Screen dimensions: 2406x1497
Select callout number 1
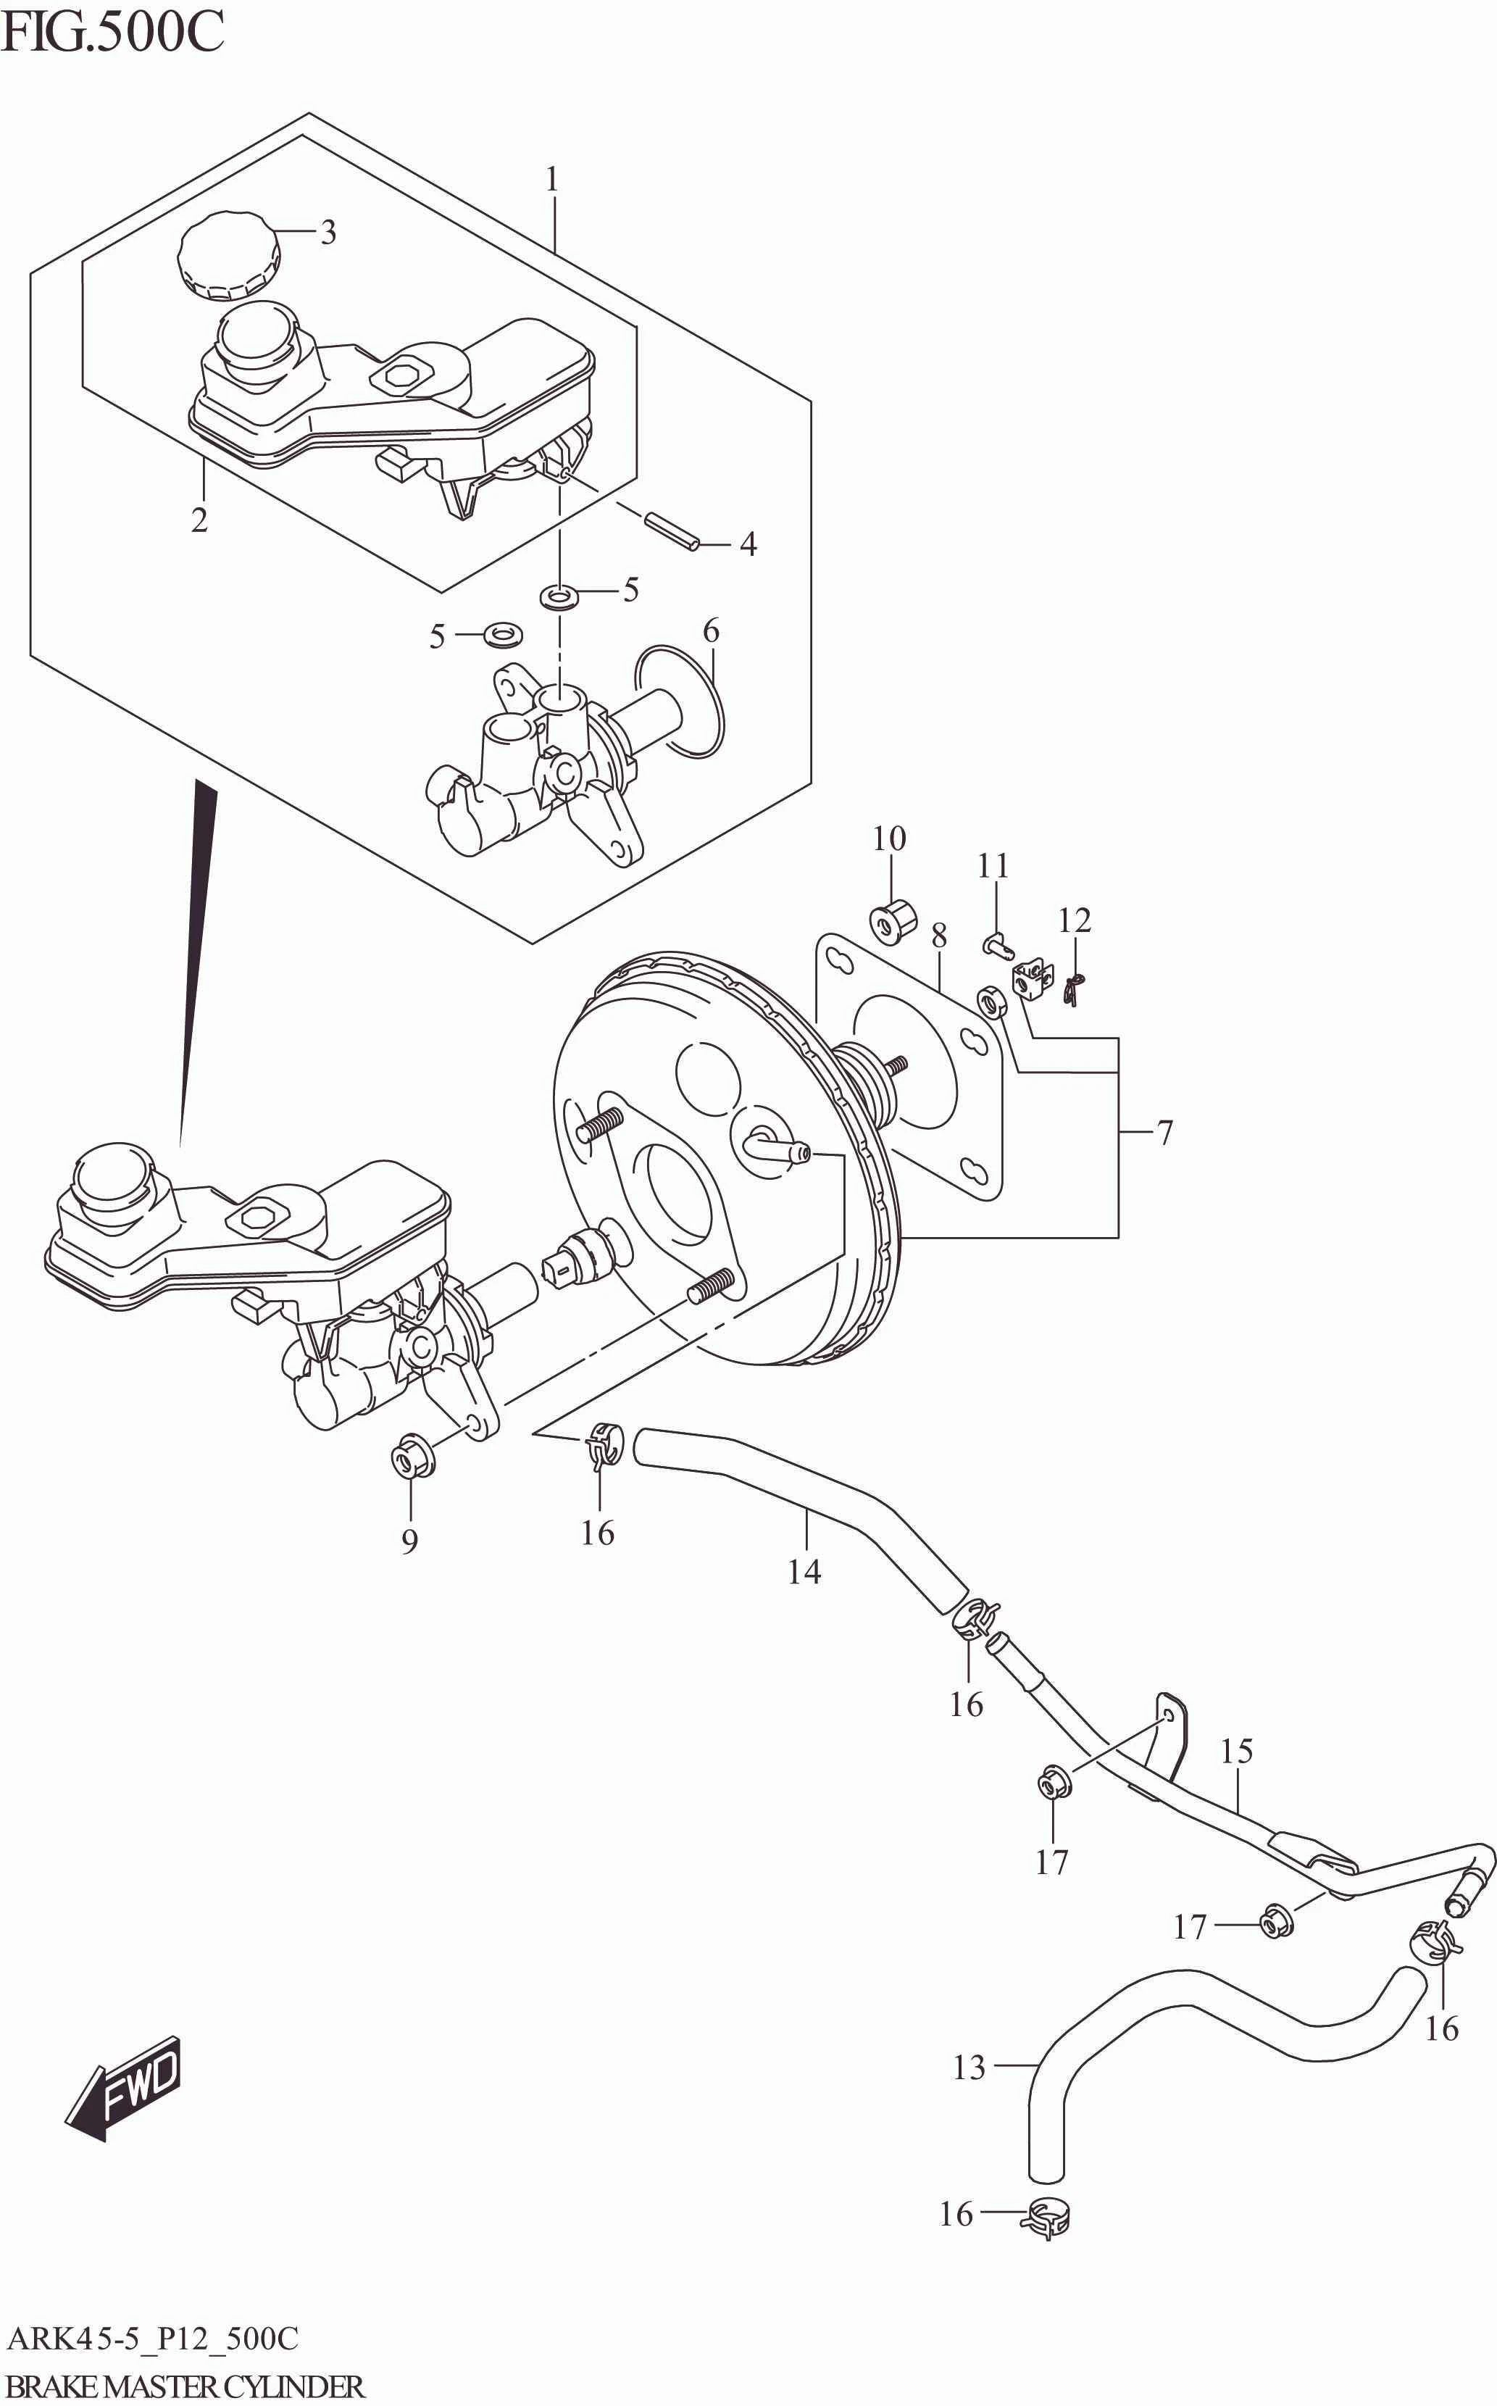(551, 179)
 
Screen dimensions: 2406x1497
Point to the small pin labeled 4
(672, 530)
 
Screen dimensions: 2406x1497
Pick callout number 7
(1164, 1132)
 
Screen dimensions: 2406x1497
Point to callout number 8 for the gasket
(938, 935)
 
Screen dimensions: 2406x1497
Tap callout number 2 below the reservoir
(199, 518)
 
